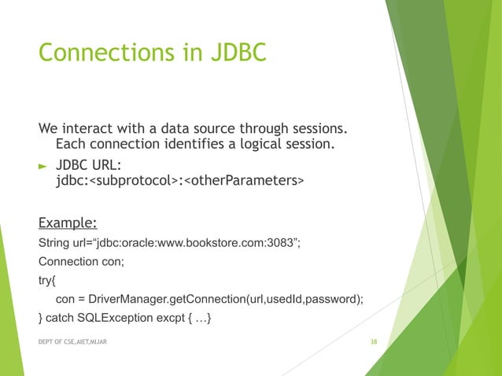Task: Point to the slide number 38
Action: [374, 343]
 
